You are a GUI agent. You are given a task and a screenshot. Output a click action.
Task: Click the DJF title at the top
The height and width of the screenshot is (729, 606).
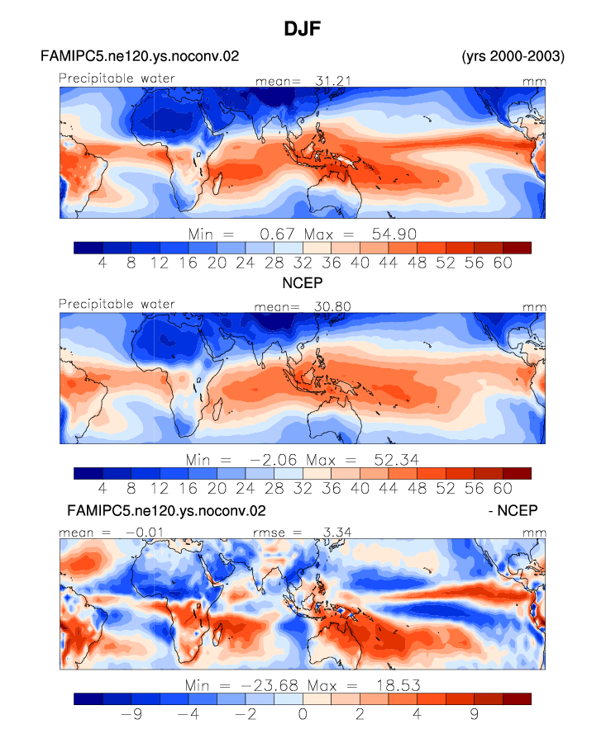coord(303,29)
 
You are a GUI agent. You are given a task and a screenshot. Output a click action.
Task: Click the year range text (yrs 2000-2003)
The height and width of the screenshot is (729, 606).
coord(513,57)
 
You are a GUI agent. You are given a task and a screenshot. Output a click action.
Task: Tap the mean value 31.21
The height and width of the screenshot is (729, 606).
coord(333,81)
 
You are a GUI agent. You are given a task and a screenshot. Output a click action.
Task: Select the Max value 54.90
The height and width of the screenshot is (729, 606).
coord(394,234)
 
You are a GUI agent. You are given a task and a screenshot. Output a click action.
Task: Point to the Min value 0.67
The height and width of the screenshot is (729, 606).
coord(277,234)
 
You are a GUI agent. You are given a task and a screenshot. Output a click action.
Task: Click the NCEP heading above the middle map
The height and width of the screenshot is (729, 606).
coord(303,282)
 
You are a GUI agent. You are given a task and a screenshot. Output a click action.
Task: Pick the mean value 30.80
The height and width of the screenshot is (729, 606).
coord(332,307)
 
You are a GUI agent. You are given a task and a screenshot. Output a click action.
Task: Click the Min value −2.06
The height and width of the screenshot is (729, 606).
coord(273,460)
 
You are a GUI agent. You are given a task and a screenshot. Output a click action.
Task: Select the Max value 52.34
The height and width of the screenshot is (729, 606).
coord(397,460)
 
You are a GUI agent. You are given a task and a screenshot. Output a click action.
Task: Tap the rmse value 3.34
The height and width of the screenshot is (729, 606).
coord(337,533)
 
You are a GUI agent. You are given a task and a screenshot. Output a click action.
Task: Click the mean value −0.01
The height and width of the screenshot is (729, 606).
coord(145,533)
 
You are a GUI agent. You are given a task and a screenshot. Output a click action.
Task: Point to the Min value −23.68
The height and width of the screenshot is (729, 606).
coord(270,685)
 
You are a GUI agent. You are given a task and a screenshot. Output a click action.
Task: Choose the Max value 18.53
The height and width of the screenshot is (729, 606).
coord(398,685)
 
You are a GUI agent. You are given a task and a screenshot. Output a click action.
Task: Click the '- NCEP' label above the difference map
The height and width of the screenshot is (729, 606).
coord(513,510)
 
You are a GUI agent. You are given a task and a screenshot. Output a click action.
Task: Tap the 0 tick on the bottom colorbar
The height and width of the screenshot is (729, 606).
coord(303,713)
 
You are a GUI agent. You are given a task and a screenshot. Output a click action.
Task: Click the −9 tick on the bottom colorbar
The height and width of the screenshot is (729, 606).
coord(131,713)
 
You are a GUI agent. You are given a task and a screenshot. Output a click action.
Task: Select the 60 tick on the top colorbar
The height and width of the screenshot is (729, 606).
coord(503,263)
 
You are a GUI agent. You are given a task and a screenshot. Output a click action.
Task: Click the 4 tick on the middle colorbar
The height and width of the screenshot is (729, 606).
coord(103,489)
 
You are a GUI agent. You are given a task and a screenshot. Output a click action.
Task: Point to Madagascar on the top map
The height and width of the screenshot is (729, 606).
coord(217,183)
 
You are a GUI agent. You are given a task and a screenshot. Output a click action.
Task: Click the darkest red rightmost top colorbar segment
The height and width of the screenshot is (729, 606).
coord(517,248)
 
